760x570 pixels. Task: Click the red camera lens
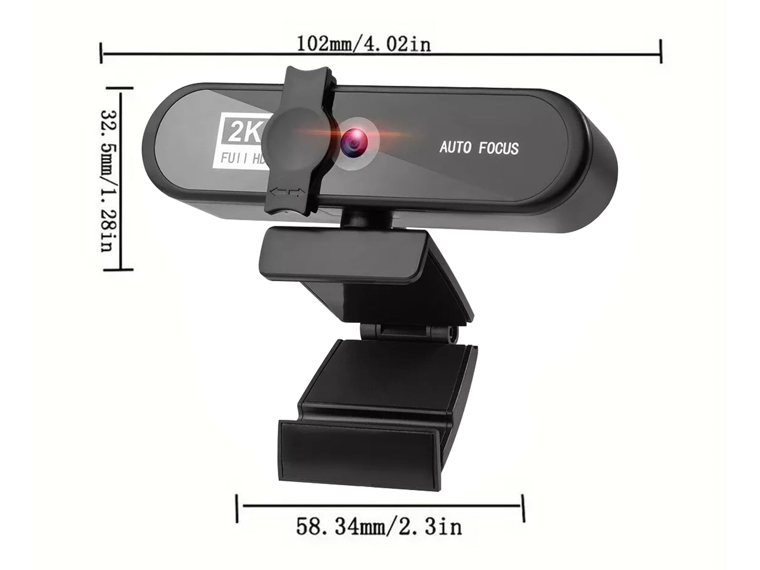[x=353, y=142]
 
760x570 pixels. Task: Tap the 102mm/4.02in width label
[x=364, y=44]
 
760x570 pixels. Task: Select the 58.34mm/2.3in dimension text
[x=379, y=526]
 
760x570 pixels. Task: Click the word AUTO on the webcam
[x=455, y=147]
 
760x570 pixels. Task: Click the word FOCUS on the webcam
[x=499, y=148]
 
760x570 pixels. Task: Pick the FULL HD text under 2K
[x=242, y=158]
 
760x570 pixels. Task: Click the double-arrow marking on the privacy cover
[x=287, y=192]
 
